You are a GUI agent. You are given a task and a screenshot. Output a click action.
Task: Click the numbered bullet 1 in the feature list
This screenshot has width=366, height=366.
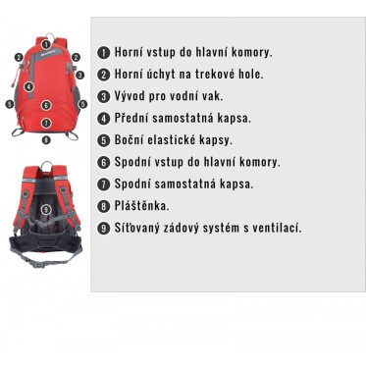pos(103,53)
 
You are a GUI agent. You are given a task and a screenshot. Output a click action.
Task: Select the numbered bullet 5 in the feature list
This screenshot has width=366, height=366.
pos(103,140)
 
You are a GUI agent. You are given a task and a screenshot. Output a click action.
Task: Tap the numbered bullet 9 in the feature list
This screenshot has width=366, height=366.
pos(103,228)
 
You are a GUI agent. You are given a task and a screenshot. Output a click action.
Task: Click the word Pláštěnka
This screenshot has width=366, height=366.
pos(141,206)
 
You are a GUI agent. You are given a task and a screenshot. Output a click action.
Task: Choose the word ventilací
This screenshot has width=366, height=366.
pos(277,228)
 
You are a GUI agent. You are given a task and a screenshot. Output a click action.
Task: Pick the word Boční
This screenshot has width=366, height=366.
pos(129,140)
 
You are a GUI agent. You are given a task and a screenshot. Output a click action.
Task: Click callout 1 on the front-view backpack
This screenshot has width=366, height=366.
pos(46,44)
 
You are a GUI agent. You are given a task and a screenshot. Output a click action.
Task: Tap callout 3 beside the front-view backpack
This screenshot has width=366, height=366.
pos(79,75)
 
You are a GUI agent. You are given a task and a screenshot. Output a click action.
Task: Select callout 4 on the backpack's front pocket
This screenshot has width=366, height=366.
pos(29,87)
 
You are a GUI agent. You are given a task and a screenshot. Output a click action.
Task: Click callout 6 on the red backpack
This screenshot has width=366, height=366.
pos(46,105)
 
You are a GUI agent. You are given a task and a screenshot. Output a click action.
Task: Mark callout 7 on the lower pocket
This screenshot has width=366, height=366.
pos(46,123)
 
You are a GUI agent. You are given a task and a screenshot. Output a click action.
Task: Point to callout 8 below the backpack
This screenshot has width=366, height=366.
pos(46,139)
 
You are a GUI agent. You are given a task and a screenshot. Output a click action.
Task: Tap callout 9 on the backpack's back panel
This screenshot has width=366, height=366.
pos(46,209)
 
